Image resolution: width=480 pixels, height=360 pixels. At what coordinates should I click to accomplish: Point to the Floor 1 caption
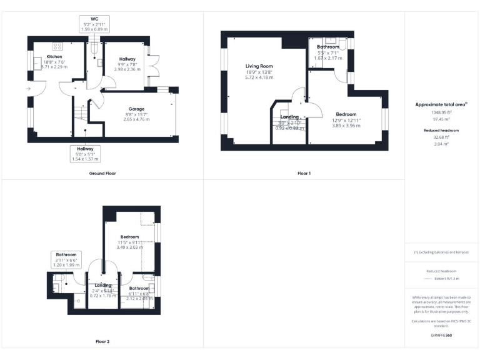304,172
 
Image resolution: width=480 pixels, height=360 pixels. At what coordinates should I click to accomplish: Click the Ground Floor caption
102,172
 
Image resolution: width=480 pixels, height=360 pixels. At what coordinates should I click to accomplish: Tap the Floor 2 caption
102,341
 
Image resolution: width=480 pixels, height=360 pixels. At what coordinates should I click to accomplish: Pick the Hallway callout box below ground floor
86,154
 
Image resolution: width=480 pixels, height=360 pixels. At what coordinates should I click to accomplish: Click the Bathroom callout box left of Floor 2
66,259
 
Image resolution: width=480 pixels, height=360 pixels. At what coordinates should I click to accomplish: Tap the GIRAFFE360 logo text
442,335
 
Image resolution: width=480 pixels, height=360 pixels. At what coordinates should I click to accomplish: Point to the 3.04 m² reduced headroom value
442,144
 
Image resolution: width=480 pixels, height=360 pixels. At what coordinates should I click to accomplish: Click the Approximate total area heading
441,104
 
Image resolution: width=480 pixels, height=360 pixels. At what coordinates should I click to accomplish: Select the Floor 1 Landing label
289,117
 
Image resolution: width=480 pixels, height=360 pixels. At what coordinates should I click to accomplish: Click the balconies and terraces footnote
442,252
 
